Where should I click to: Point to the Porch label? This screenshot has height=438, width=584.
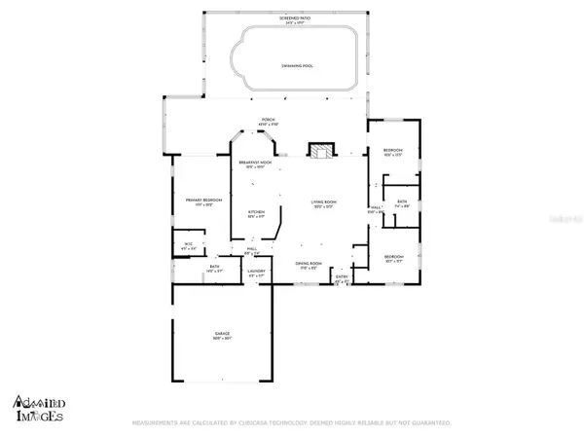pos(267,119)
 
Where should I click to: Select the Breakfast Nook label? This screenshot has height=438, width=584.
pos(255,163)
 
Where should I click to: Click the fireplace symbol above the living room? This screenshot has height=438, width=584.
pos(320,150)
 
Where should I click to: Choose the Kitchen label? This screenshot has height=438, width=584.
pos(256,211)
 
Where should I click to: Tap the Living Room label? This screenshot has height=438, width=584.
pos(324,202)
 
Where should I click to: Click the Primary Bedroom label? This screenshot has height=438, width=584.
pos(204,201)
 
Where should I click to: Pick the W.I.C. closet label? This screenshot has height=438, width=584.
pos(189,244)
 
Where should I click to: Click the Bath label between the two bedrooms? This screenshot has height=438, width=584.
pos(401,201)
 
